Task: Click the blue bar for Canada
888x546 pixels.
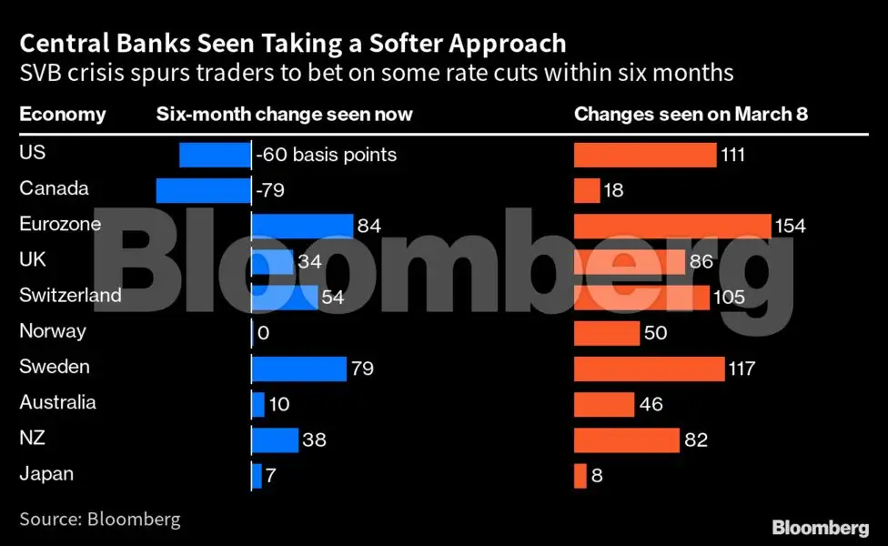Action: coord(203,190)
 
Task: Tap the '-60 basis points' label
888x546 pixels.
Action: coord(327,155)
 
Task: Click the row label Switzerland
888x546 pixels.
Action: coord(70,296)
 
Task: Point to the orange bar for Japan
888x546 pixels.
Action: coord(580,475)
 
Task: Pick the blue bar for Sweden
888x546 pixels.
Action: coord(298,369)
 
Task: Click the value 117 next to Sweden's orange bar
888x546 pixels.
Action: coord(742,369)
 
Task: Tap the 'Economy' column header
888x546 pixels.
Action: coord(62,115)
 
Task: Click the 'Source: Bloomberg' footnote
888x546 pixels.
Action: coord(100,520)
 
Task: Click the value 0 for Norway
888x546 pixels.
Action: coord(264,333)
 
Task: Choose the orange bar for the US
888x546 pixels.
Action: coord(644,155)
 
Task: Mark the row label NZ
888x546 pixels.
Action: coord(33,438)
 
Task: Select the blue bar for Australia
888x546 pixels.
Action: coord(257,404)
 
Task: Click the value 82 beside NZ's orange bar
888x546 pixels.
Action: coord(695,440)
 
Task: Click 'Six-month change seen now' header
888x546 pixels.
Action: coord(284,115)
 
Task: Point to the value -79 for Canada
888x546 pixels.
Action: coord(271,190)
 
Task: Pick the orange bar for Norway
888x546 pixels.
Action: coord(605,333)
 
